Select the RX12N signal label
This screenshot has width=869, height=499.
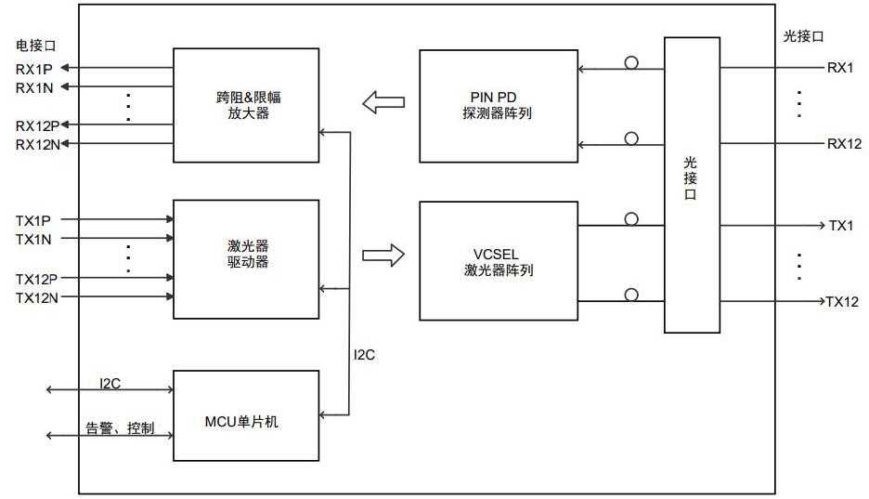pyautogui.click(x=37, y=144)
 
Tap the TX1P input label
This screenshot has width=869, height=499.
pyautogui.click(x=33, y=220)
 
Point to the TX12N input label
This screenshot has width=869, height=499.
pyautogui.click(x=38, y=297)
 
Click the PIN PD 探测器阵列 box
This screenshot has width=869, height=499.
pyautogui.click(x=499, y=105)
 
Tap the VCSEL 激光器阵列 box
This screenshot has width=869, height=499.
pyautogui.click(x=499, y=261)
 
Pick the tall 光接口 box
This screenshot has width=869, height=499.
pyautogui.click(x=692, y=184)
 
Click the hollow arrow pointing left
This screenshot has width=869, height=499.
pyautogui.click(x=383, y=102)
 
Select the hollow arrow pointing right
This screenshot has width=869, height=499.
pyautogui.click(x=383, y=254)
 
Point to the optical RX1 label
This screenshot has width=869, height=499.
pyautogui.click(x=840, y=68)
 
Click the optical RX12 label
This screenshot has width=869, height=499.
pyautogui.click(x=844, y=144)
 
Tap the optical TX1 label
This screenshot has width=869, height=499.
pyautogui.click(x=840, y=226)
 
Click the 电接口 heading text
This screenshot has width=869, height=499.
pyautogui.click(x=34, y=45)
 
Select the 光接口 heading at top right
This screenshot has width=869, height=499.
pyautogui.click(x=803, y=36)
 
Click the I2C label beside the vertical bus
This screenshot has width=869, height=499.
pyautogui.click(x=365, y=355)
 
